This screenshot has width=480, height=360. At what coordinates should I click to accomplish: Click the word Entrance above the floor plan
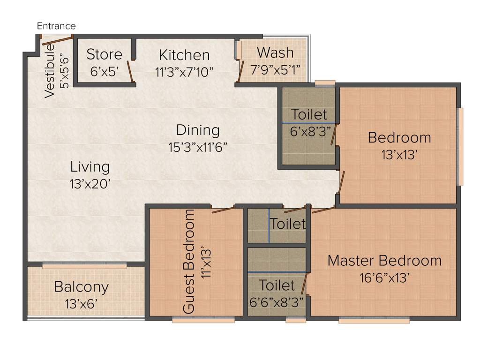[56, 26]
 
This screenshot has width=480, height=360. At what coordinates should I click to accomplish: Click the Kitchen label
[184, 55]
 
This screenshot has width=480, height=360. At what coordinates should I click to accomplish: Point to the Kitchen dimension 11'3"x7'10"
[184, 72]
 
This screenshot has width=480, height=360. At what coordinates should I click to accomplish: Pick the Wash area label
[275, 52]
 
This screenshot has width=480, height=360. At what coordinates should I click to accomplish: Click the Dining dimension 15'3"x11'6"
[198, 147]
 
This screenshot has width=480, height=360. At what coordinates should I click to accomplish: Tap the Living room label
[90, 166]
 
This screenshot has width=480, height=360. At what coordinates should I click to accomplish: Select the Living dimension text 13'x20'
[90, 184]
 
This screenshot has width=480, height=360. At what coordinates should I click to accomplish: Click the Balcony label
[82, 286]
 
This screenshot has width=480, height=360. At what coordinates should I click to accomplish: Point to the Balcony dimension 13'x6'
[82, 303]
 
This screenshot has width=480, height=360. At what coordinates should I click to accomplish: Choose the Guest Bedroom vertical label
[188, 261]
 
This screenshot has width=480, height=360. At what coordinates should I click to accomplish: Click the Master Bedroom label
[384, 260]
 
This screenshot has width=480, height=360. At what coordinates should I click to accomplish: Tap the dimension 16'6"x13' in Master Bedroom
[384, 278]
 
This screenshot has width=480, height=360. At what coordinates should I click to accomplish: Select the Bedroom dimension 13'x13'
[399, 155]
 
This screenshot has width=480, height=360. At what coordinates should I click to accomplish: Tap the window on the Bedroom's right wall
[461, 146]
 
